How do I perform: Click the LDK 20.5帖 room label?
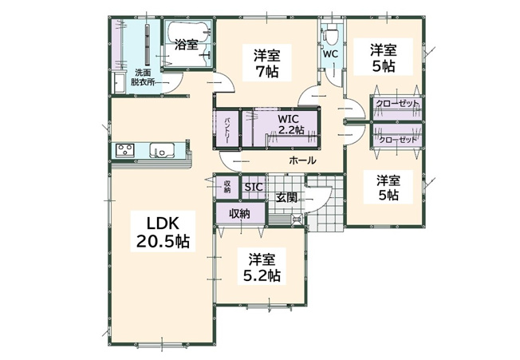click(163, 232)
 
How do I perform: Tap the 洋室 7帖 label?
click(267, 63)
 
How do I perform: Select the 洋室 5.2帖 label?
click(262, 267)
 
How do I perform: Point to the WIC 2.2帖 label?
click(289, 124)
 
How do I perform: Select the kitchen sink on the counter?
click(162, 149)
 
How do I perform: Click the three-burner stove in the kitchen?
click(124, 149)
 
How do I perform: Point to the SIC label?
click(254, 187)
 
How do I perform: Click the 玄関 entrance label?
click(286, 197)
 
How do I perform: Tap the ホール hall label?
click(302, 160)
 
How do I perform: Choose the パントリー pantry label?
click(227, 130)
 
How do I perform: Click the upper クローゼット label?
click(396, 104)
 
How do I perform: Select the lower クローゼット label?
click(397, 140)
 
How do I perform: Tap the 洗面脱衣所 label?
click(143, 77)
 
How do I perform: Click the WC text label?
click(330, 53)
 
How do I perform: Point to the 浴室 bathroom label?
click(187, 45)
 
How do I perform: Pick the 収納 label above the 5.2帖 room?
click(240, 214)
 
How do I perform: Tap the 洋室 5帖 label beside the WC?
click(383, 58)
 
